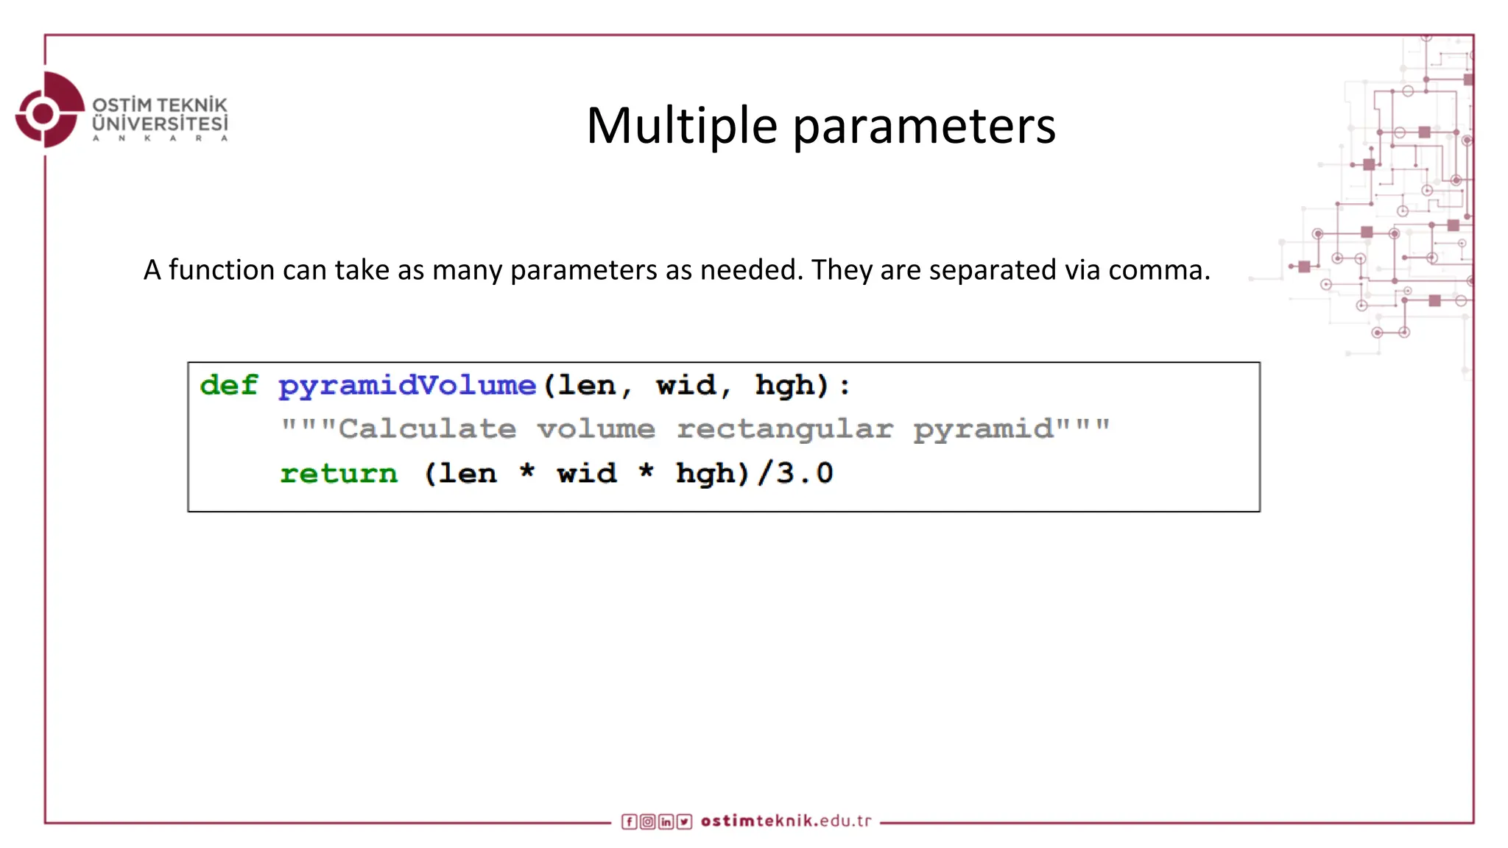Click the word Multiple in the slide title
pos(681,125)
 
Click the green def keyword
pos(229,385)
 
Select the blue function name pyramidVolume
pos(407,386)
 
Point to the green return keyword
pos(339,473)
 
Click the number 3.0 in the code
pos(805,473)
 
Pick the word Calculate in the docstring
pos(427,428)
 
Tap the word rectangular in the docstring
pos(785,429)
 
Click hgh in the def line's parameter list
pos(785,386)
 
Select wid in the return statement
pos(587,473)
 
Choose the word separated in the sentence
pos(993,270)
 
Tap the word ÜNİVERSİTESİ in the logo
pos(160,124)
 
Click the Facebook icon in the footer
pos(629,821)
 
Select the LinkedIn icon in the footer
pos(666,821)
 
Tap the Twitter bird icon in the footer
pos(684,821)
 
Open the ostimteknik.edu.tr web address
pos(786,821)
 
